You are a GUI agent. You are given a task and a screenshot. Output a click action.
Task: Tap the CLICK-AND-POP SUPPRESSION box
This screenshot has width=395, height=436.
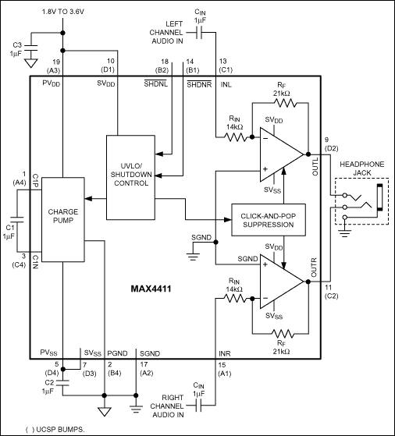[267, 218]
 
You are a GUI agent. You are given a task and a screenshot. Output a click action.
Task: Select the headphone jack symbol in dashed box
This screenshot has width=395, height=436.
[360, 201]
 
